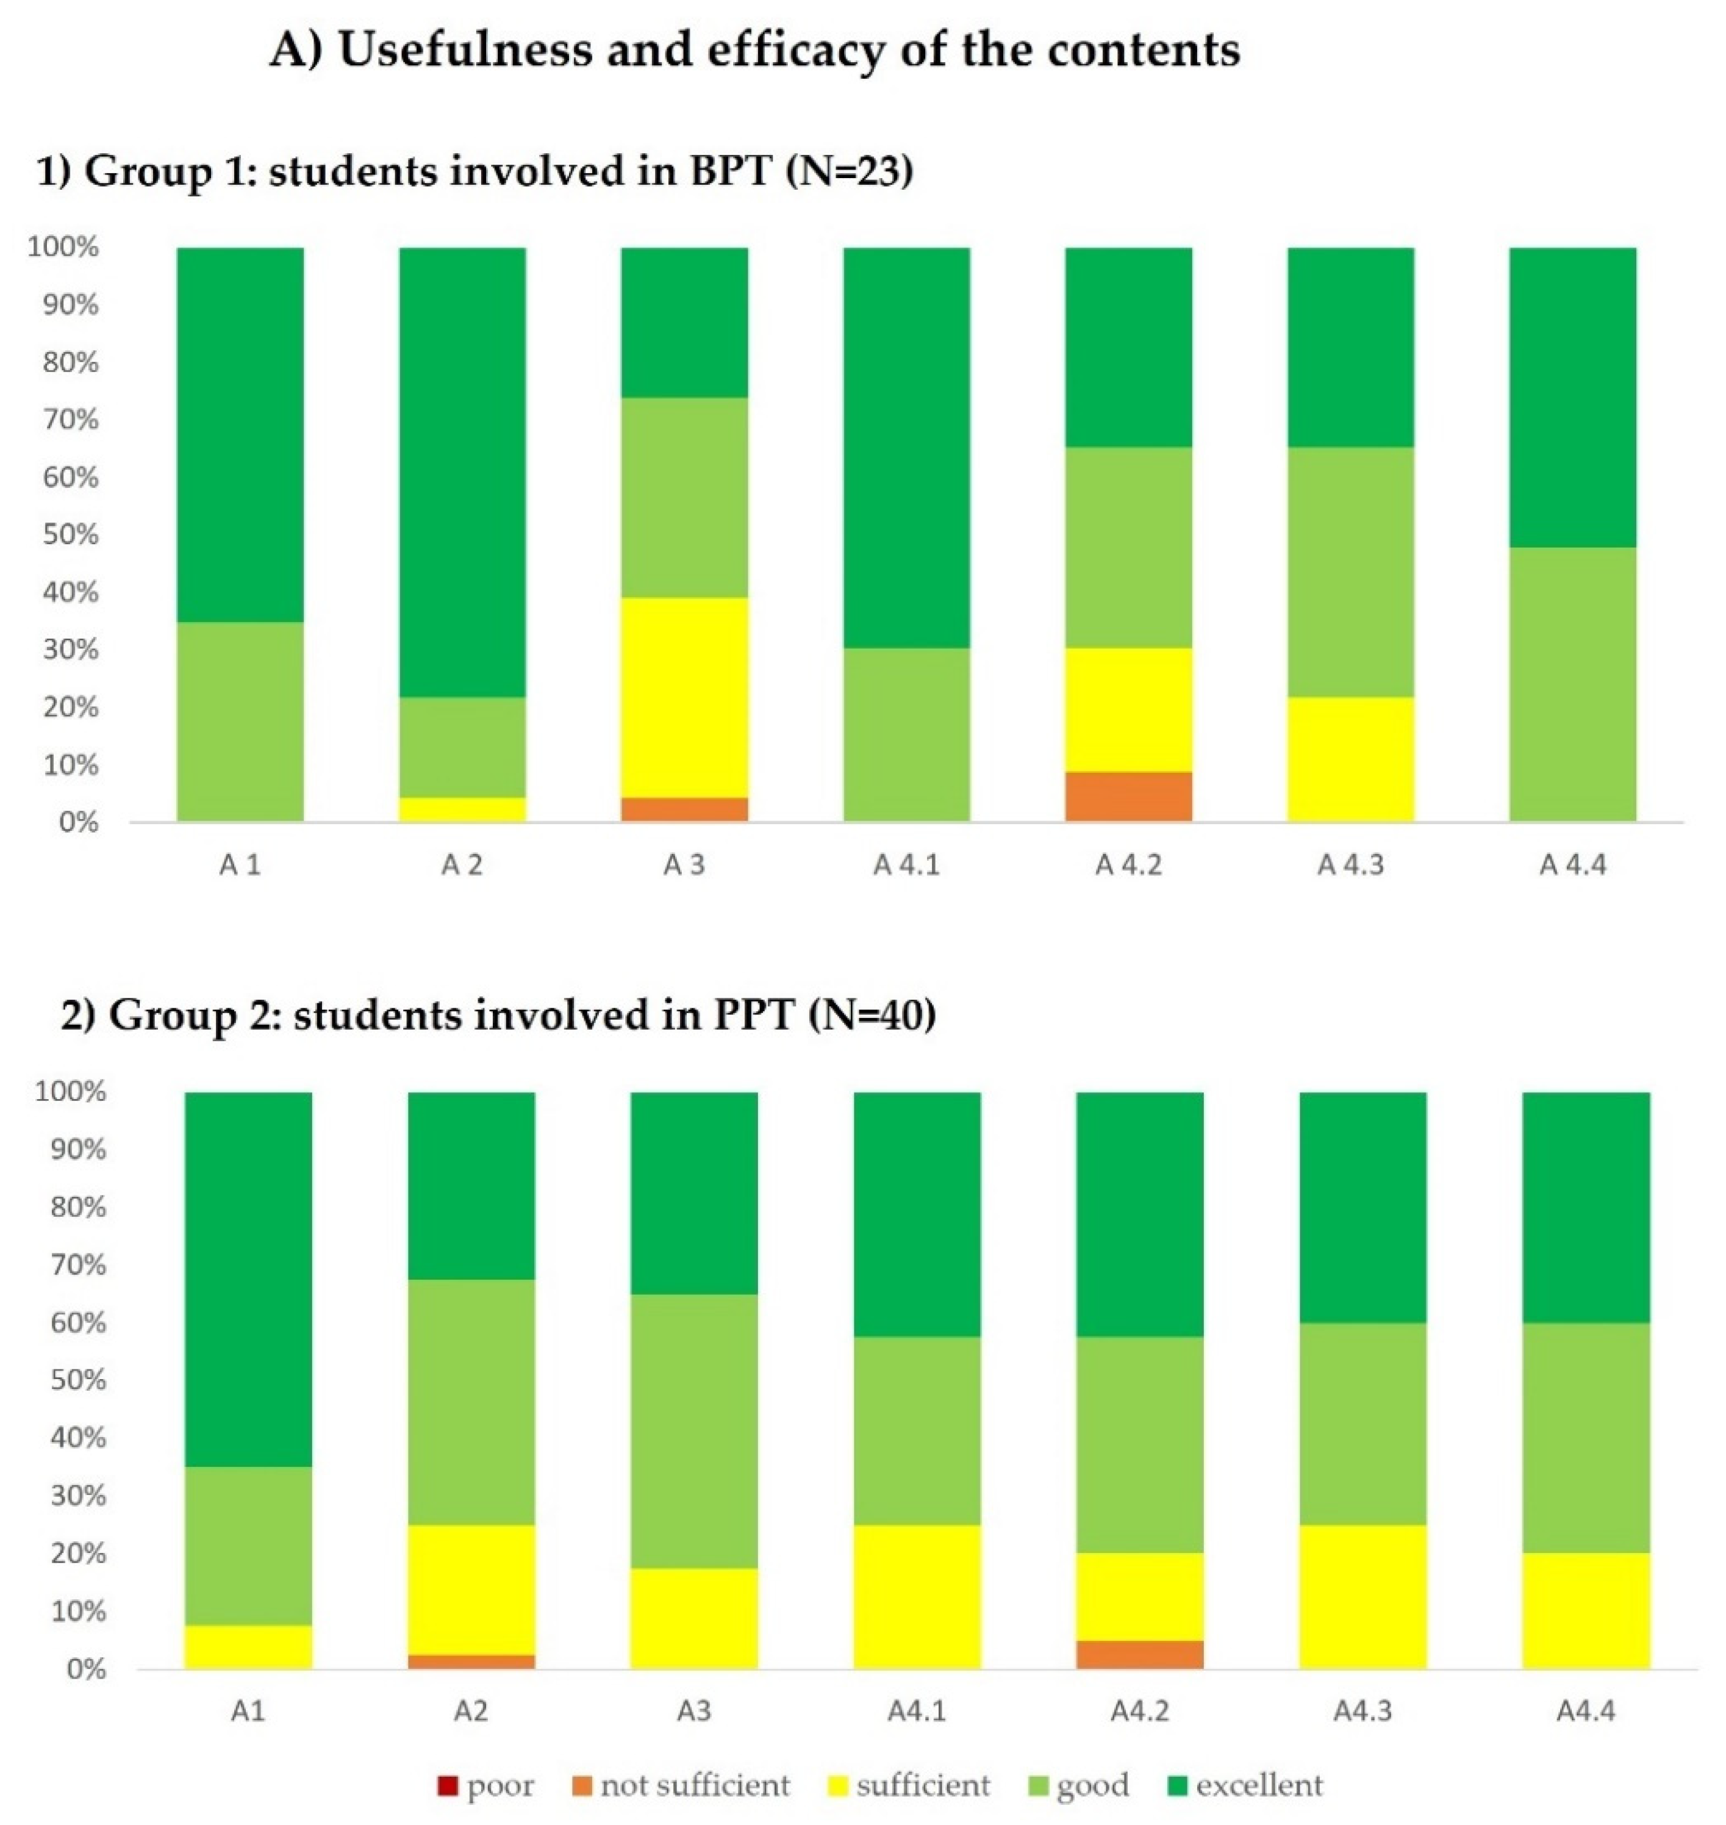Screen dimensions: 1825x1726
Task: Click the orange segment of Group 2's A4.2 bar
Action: (1139, 1654)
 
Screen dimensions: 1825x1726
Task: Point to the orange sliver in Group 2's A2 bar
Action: (471, 1661)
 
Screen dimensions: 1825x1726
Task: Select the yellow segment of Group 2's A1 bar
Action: (248, 1646)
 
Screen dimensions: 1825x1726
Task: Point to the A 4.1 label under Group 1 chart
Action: (906, 865)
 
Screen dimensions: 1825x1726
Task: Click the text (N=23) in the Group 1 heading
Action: (849, 171)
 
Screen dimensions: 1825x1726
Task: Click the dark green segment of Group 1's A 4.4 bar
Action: (1572, 396)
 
